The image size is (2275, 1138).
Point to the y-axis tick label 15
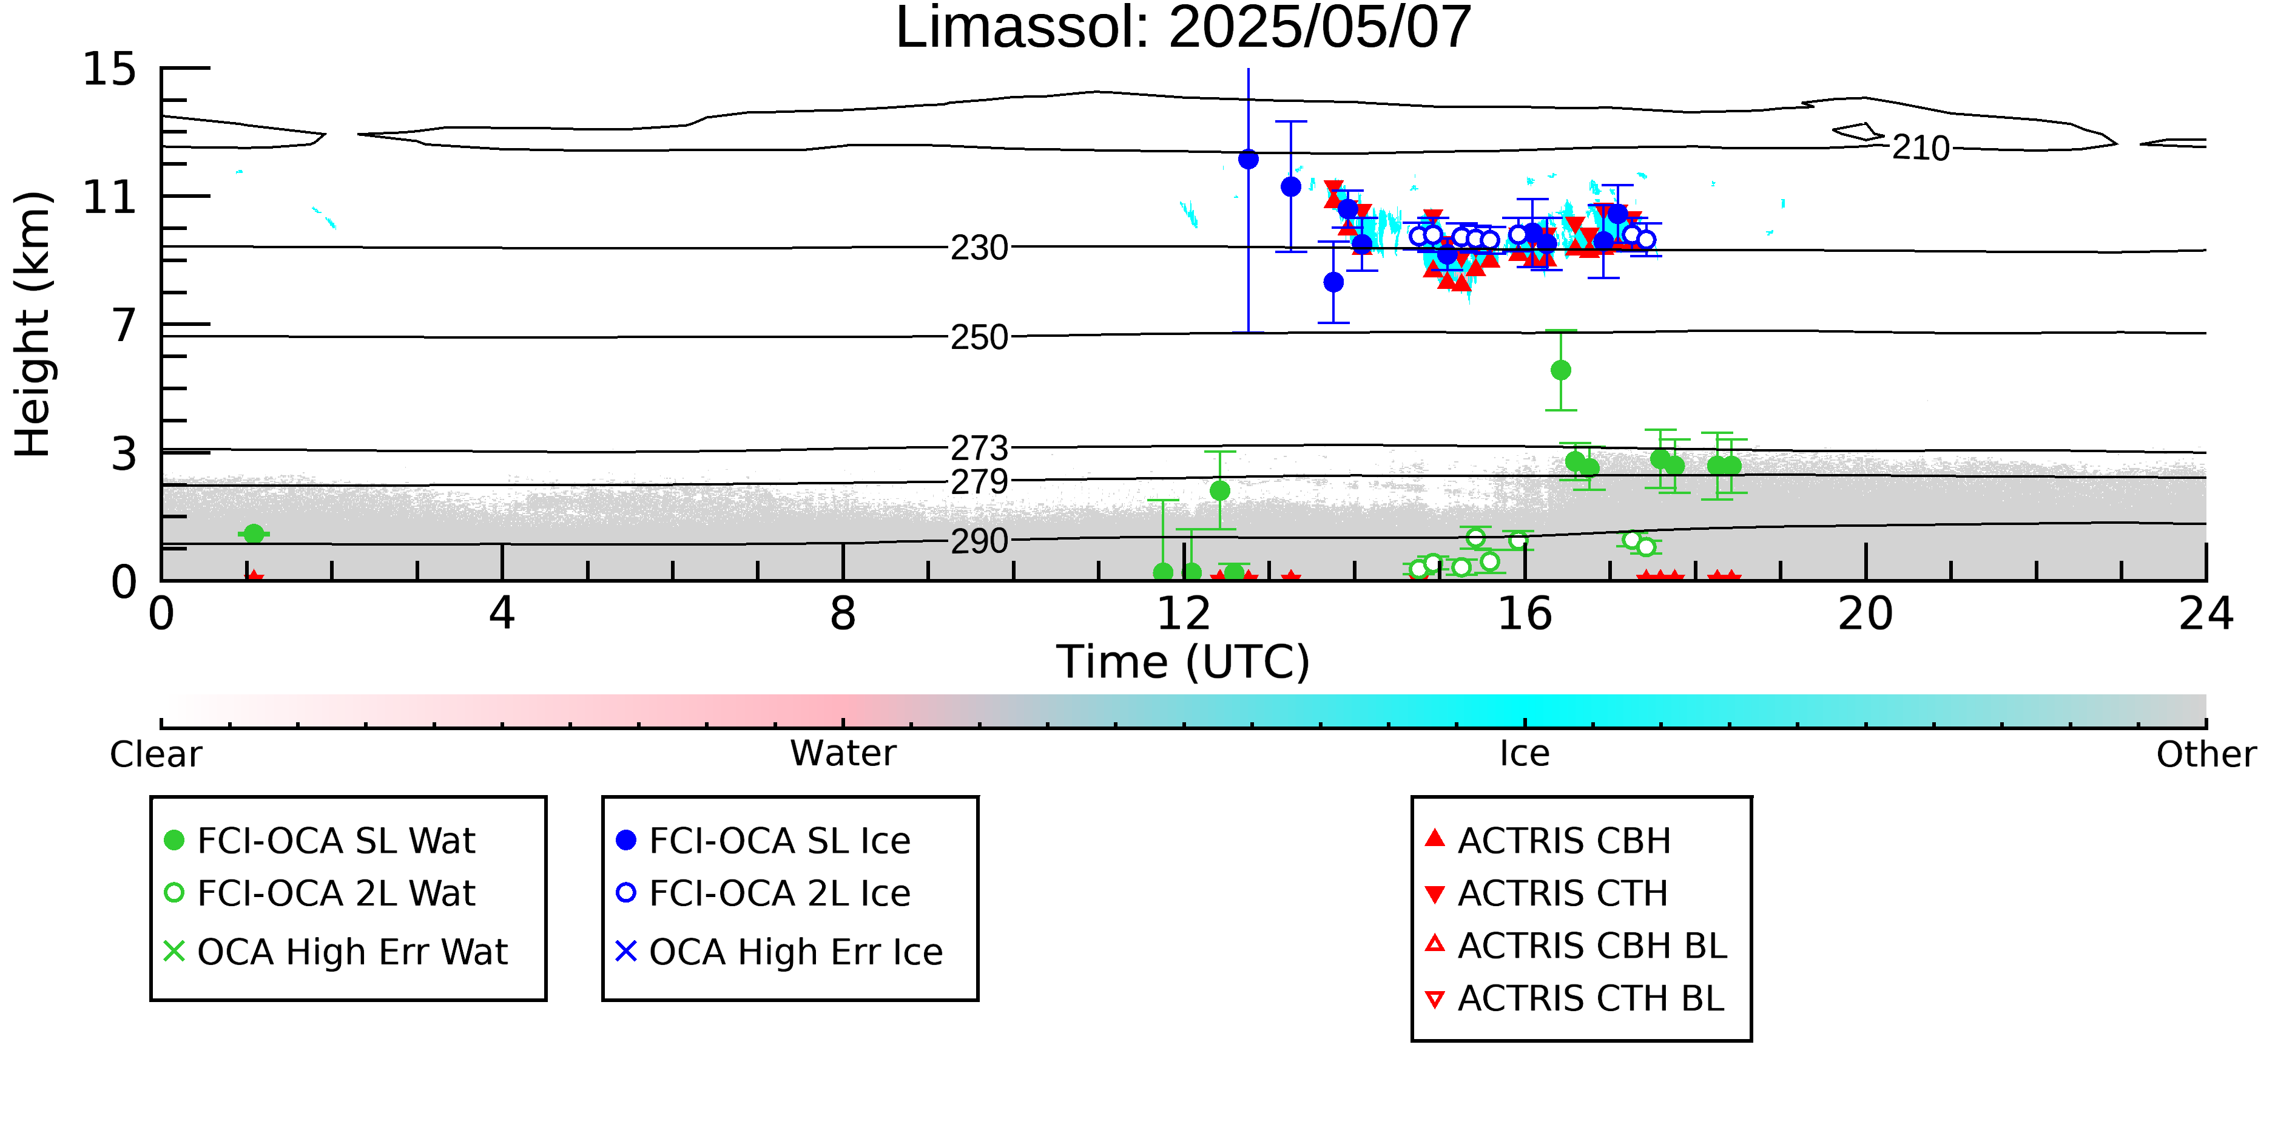click(110, 69)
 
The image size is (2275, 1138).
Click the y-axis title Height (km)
click(33, 324)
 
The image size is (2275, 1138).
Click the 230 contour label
click(979, 248)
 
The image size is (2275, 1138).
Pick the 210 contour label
click(1920, 147)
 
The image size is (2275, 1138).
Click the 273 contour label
click(979, 448)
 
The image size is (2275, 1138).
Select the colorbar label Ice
click(1525, 754)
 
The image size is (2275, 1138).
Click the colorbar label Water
click(843, 754)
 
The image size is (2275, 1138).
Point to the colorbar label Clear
click(155, 754)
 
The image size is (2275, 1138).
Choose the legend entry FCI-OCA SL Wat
click(320, 840)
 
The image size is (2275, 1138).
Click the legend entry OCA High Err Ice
click(779, 952)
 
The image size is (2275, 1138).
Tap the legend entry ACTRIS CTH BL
click(1574, 998)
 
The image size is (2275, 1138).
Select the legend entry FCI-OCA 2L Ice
click(763, 893)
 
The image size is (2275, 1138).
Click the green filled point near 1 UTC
click(254, 533)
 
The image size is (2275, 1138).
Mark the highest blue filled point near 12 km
click(1248, 160)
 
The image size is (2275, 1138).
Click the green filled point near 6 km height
click(1560, 370)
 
